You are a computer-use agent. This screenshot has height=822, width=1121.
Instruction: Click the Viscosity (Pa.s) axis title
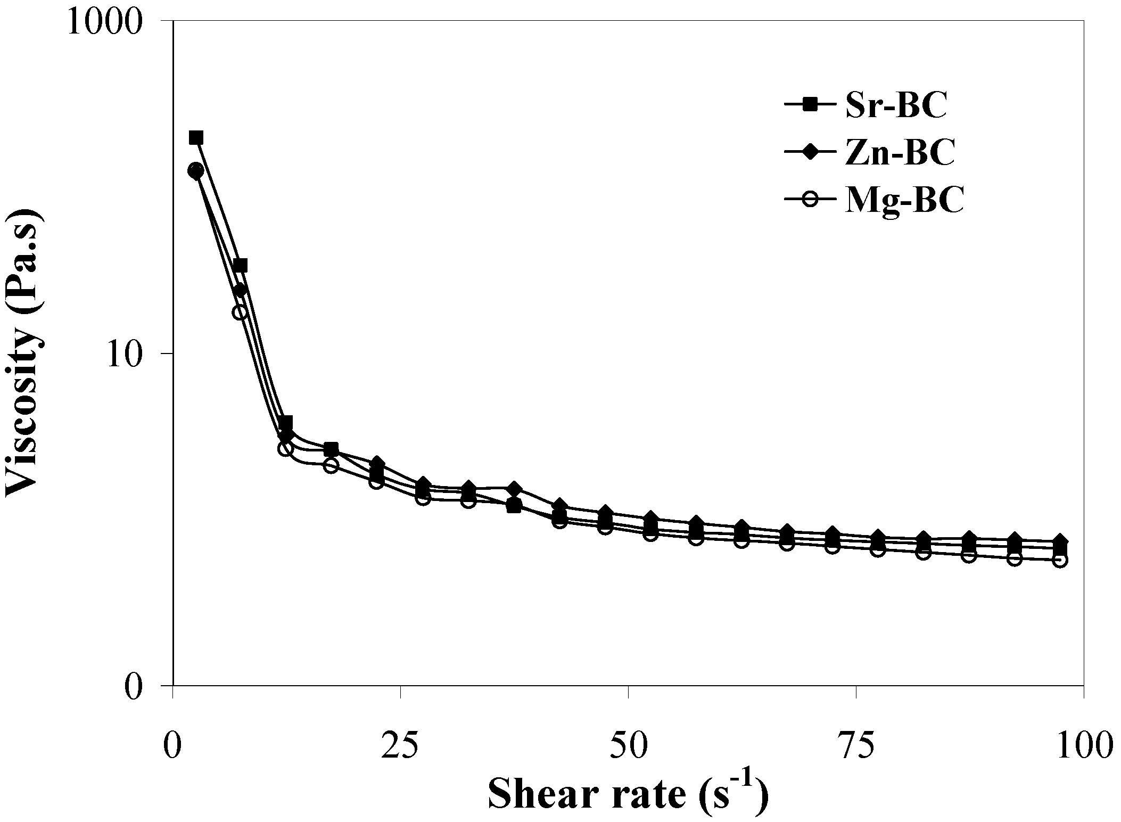click(x=24, y=352)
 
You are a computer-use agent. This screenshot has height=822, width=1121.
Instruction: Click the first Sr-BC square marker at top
click(x=196, y=138)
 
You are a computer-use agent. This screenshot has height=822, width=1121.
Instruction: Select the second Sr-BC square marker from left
click(x=241, y=265)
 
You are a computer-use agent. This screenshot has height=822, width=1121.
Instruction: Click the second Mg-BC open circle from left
click(x=240, y=312)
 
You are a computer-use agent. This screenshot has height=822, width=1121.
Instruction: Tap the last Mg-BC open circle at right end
click(x=1060, y=560)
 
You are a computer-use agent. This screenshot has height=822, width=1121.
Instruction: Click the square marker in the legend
click(x=809, y=105)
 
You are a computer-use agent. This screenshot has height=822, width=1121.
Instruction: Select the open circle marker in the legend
click(x=809, y=200)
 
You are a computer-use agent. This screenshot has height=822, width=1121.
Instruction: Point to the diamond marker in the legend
click(x=809, y=152)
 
